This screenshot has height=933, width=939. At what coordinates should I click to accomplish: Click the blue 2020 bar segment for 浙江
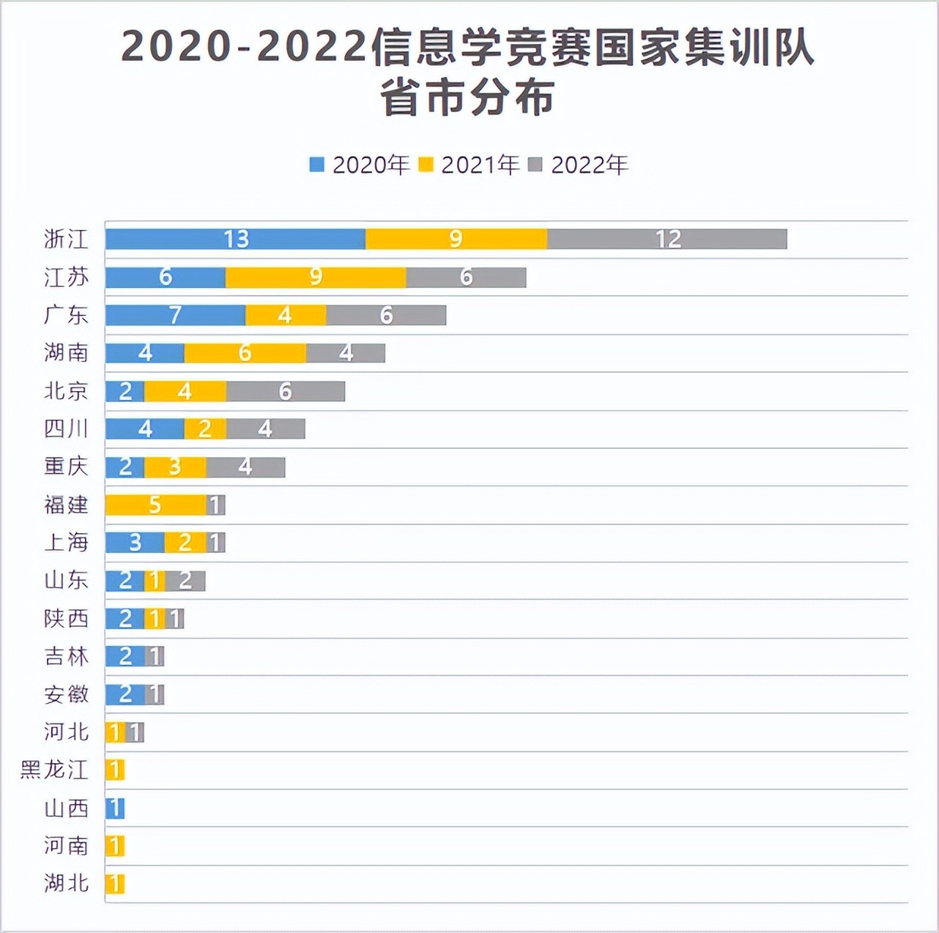[235, 239]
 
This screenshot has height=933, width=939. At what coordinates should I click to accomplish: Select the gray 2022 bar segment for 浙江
[667, 239]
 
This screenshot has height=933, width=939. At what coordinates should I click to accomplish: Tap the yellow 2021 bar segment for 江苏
[316, 277]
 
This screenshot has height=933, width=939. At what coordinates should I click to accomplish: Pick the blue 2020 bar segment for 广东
[175, 315]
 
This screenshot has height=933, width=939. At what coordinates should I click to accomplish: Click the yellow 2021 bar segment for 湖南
[245, 353]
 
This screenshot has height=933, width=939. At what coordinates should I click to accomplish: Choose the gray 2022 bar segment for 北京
[285, 391]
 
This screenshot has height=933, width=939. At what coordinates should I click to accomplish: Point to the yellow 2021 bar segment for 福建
[155, 505]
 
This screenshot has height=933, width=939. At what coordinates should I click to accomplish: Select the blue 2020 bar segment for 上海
[135, 543]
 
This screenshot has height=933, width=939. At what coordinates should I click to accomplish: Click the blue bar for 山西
[115, 809]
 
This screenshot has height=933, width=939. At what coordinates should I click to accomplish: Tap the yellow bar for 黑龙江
[115, 770]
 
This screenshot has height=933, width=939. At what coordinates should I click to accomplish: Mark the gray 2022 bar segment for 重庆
[245, 466]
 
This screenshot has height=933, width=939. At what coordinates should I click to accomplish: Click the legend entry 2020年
[360, 165]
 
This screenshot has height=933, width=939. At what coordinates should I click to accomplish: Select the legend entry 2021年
[469, 165]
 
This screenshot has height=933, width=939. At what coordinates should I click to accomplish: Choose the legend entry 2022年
[579, 165]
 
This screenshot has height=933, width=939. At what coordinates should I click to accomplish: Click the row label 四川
[66, 428]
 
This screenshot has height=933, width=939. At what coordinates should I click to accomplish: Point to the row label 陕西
[66, 619]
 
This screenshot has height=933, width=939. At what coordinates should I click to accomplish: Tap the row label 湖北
[66, 884]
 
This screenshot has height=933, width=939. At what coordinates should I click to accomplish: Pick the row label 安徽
[66, 694]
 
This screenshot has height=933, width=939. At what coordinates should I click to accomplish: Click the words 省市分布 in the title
[467, 98]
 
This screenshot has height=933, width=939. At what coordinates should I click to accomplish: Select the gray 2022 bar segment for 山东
[185, 581]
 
